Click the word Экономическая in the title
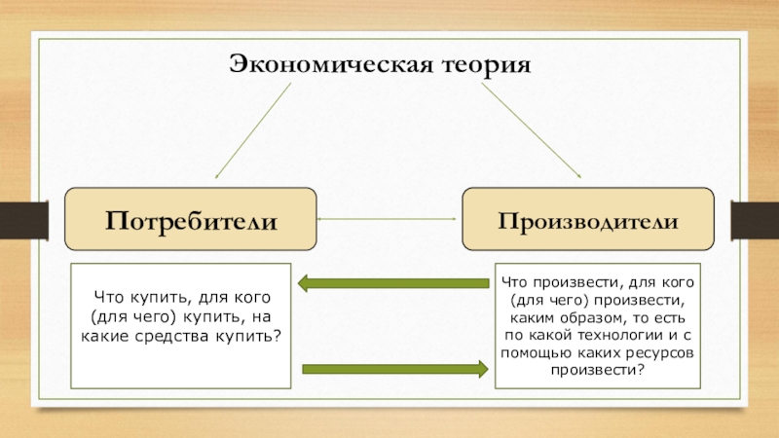pyautogui.click(x=331, y=64)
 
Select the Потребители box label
pyautogui.click(x=191, y=221)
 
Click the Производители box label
pyautogui.click(x=588, y=221)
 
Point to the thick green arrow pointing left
pyautogui.click(x=393, y=283)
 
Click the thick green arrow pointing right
pyautogui.click(x=395, y=369)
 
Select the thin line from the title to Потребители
pyautogui.click(x=253, y=130)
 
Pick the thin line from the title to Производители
pyautogui.click(x=531, y=130)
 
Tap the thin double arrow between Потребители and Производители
pyautogui.click(x=387, y=218)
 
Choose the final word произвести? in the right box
pyautogui.click(x=597, y=370)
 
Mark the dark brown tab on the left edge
pyautogui.click(x=23, y=220)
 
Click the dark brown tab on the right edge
pyautogui.click(x=755, y=220)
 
